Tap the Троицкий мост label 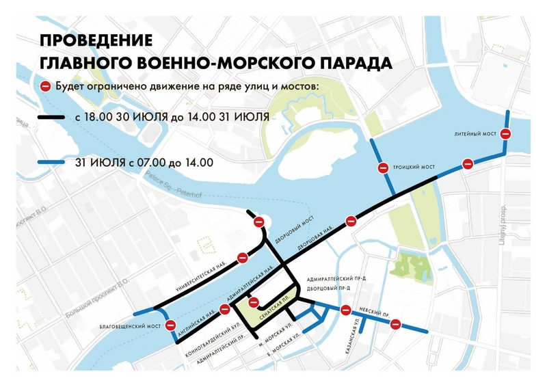click(x=414, y=167)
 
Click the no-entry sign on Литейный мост click(x=506, y=134)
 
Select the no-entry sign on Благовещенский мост click(x=171, y=325)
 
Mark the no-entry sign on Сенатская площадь click(x=253, y=302)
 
